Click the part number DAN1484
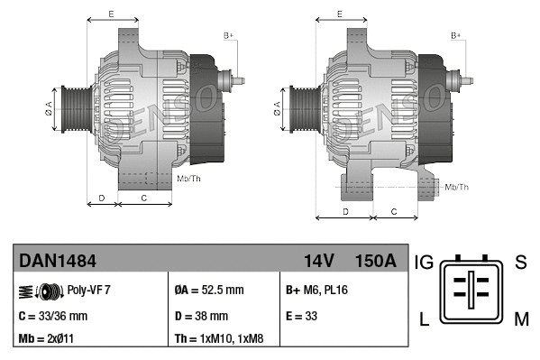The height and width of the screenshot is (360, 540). (x=58, y=262)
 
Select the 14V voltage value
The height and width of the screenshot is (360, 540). (x=318, y=262)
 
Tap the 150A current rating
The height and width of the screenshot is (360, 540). (x=376, y=262)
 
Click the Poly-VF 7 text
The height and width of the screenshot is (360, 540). (x=88, y=291)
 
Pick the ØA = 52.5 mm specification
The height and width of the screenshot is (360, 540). (x=209, y=291)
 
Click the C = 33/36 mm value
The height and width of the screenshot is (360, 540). (x=53, y=316)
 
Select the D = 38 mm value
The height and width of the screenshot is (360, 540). (x=201, y=316)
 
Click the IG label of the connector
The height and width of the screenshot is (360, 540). (x=425, y=263)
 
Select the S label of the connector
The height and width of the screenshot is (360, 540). (x=520, y=263)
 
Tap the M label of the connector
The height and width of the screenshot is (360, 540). (x=521, y=318)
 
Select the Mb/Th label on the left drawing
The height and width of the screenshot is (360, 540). (x=189, y=179)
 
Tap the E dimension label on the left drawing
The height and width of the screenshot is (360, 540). (x=111, y=14)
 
